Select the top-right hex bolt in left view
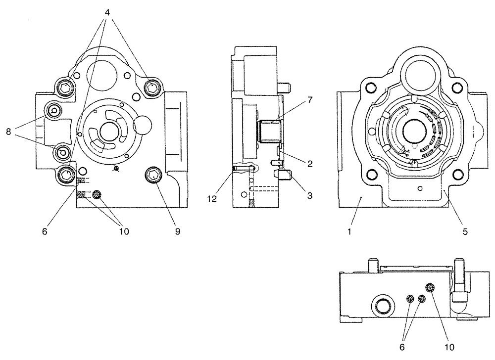151,88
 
